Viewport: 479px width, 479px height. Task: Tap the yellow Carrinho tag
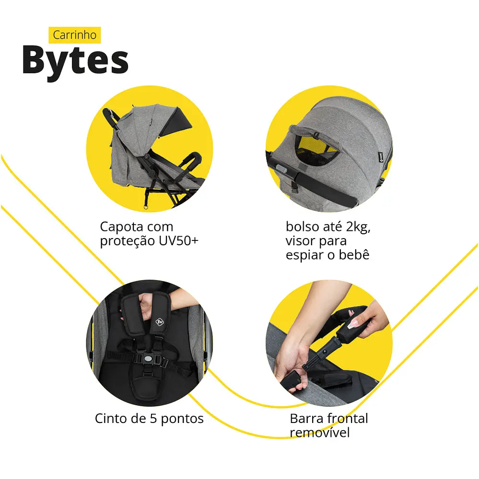(x=74, y=35)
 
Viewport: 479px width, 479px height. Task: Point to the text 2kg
(x=358, y=227)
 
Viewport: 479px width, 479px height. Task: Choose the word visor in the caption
(x=302, y=240)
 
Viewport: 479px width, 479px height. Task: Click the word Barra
(x=306, y=418)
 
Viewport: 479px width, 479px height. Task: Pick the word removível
(x=319, y=433)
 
